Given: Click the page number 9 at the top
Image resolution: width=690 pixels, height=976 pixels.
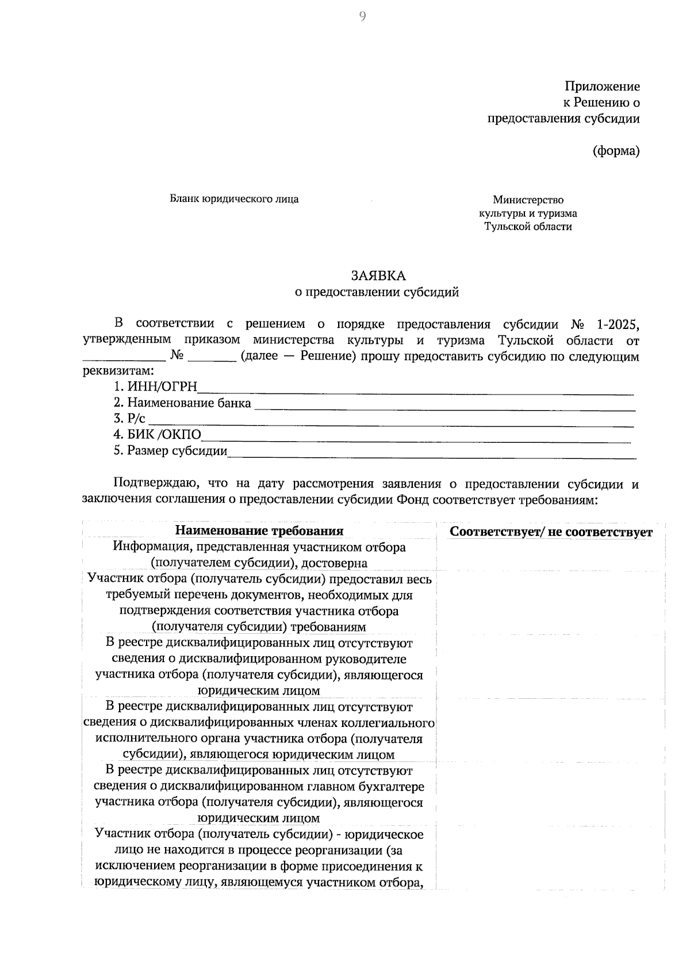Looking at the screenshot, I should [x=362, y=17].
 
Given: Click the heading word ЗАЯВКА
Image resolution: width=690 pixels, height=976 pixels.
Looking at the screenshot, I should [x=378, y=275].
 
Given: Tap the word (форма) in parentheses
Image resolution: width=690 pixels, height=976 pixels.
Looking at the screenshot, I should [x=616, y=151].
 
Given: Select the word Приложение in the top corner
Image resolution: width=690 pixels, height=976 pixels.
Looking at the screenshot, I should [x=602, y=87].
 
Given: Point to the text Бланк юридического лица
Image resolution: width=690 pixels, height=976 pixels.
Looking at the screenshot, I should [x=234, y=200].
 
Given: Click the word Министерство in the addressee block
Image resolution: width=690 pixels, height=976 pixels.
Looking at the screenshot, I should [x=528, y=200].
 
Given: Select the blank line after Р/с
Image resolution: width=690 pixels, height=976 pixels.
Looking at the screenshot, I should [x=391, y=423].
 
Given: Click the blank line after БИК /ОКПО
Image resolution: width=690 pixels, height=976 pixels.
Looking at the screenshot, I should [x=416, y=439].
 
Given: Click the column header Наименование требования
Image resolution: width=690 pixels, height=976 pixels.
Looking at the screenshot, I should [x=259, y=531].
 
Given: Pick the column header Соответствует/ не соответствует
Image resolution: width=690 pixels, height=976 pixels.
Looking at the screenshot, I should [x=551, y=532].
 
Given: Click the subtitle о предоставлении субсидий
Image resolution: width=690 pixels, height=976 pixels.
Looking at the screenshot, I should [x=377, y=292].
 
